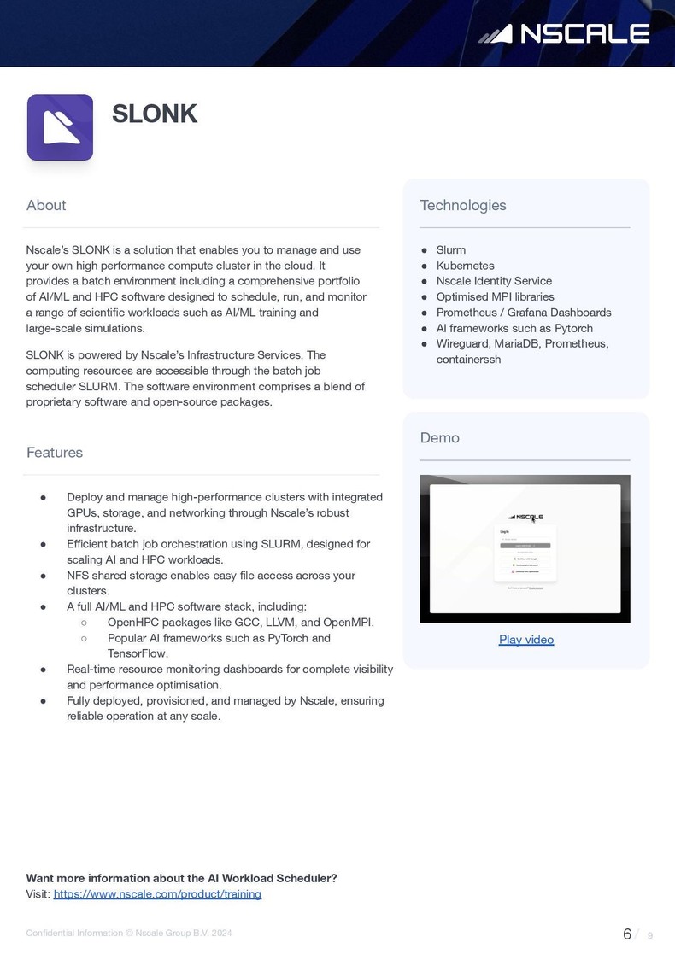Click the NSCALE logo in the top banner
coord(564,33)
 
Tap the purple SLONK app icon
coord(60,127)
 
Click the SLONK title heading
coord(155,114)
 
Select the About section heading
coord(46,205)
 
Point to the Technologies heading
coord(463,205)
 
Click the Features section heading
coord(55,453)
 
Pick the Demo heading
coord(440,437)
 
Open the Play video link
coord(526,640)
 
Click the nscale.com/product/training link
coord(157,894)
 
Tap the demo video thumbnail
coord(525,548)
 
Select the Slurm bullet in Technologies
coord(451,250)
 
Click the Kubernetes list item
coord(465,266)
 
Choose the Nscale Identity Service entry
coord(494,281)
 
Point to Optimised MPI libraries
coord(495,296)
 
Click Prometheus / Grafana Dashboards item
coord(524,313)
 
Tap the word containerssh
coord(468,360)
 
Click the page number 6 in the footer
coord(627,934)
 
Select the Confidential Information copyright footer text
coord(129,934)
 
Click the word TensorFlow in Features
coord(138,653)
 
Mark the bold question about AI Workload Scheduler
coord(182,878)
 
